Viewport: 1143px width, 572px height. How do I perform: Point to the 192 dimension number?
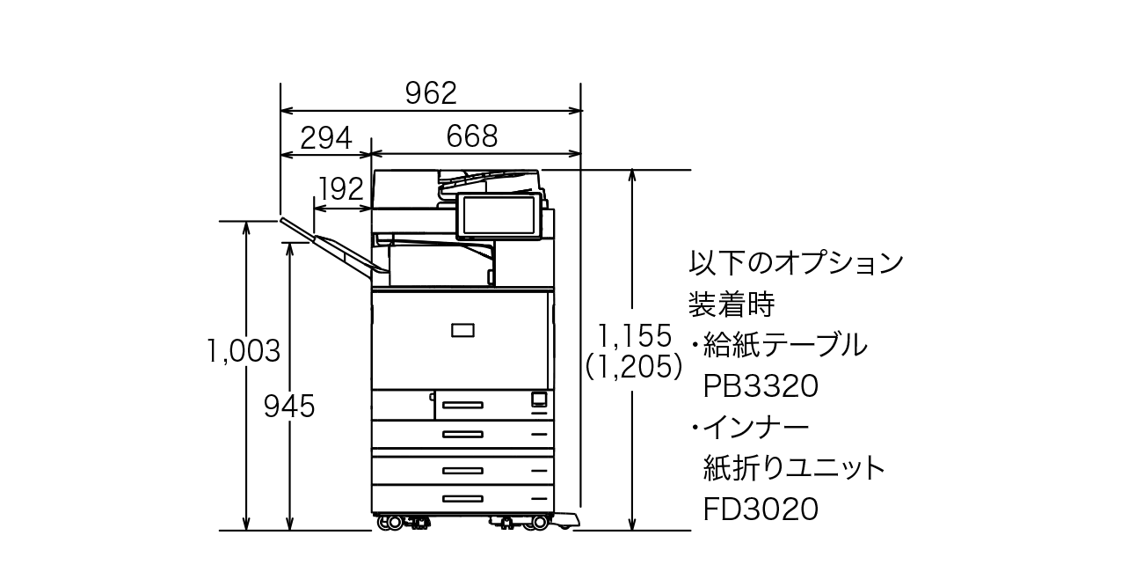tap(341, 188)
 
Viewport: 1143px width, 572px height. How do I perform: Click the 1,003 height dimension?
tap(244, 351)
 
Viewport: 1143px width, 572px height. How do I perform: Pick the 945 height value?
tap(289, 406)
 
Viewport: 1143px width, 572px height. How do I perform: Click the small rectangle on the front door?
tap(462, 330)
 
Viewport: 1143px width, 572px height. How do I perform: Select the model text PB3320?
tap(761, 385)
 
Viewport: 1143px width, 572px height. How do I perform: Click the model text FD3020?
tap(761, 509)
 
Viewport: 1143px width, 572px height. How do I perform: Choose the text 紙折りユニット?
tap(794, 468)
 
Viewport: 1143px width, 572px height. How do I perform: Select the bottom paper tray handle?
tap(462, 498)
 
